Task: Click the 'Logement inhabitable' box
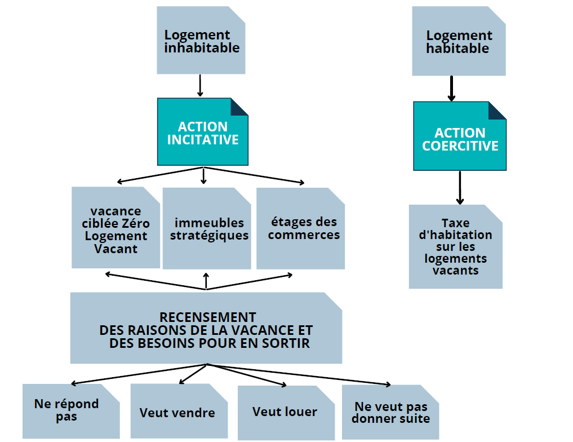click(201, 40)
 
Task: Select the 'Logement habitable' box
click(459, 41)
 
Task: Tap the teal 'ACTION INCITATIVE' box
click(202, 132)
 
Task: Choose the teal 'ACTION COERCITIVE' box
click(460, 136)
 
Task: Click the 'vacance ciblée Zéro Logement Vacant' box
click(116, 228)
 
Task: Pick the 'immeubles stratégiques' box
click(207, 228)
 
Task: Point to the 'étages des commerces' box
click(300, 228)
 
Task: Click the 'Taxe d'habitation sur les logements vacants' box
click(455, 247)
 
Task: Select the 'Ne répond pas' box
click(71, 412)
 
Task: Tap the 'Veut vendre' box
click(179, 412)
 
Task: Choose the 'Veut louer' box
click(286, 413)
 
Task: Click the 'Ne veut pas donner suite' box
click(390, 412)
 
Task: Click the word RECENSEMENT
click(207, 317)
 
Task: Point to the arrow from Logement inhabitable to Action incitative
click(200, 86)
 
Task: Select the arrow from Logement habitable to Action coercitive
click(452, 89)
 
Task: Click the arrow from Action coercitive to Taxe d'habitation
click(460, 188)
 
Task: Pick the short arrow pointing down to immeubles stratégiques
click(203, 175)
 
